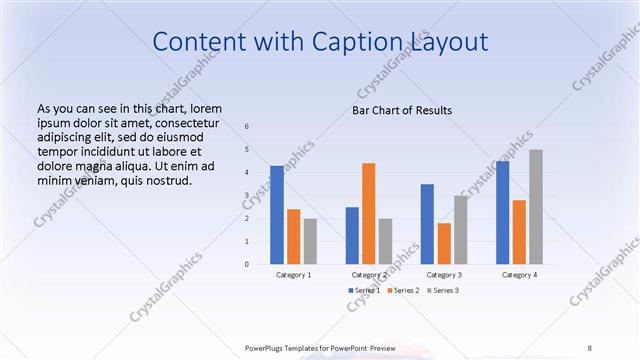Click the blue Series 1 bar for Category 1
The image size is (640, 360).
click(277, 215)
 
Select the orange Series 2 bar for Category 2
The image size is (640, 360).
click(368, 213)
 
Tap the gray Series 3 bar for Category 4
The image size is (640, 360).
click(536, 207)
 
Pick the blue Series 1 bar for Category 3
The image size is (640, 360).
click(427, 224)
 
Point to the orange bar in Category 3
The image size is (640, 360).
click(443, 243)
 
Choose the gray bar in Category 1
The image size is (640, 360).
click(310, 241)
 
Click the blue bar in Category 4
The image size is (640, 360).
click(502, 212)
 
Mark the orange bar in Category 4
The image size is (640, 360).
click(519, 232)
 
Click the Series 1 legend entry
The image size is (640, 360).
click(364, 290)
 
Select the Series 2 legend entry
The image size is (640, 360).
click(403, 290)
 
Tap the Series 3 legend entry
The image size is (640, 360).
click(443, 290)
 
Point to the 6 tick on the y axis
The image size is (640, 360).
click(247, 126)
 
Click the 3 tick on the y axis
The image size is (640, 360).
click(247, 195)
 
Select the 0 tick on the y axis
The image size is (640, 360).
click(247, 265)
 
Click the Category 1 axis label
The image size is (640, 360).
click(293, 274)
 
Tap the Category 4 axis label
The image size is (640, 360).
click(519, 274)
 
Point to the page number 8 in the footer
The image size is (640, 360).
click(589, 347)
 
